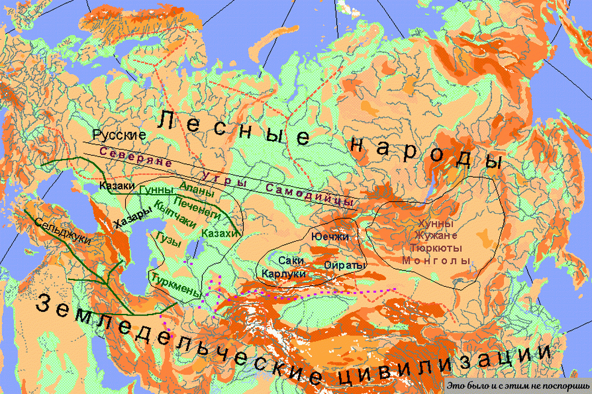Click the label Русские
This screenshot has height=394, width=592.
pyautogui.click(x=119, y=134)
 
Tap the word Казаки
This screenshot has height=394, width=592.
pyautogui.click(x=119, y=187)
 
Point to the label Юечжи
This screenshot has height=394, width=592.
pyautogui.click(x=330, y=237)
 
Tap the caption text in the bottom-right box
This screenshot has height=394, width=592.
pyautogui.click(x=517, y=384)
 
